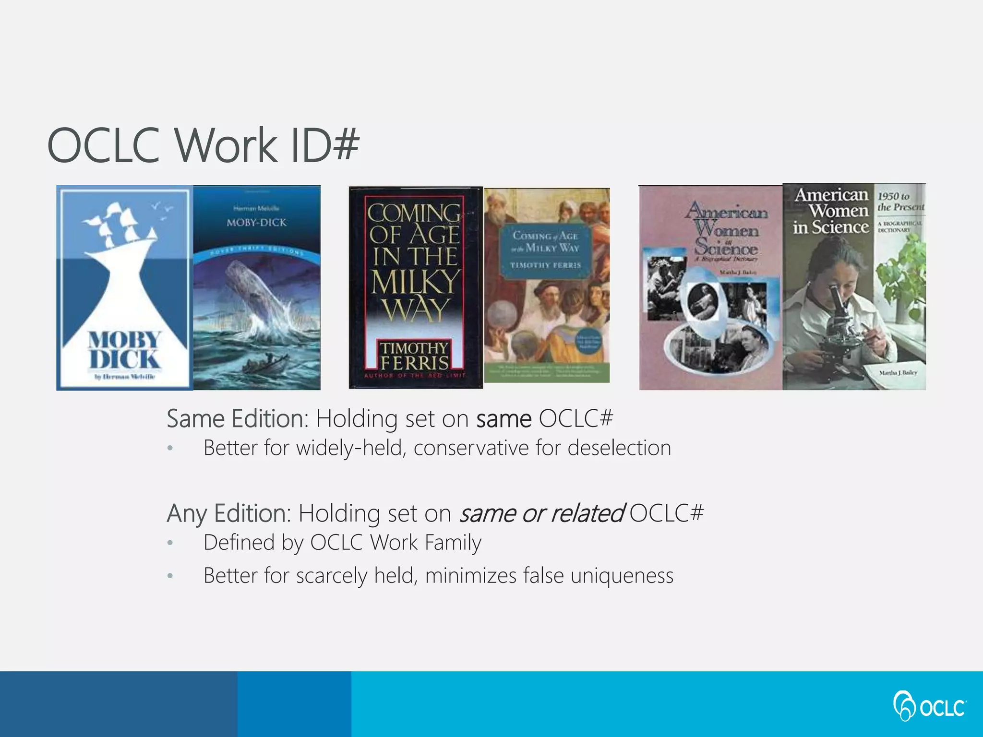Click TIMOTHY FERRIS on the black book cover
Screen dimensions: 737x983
point(414,355)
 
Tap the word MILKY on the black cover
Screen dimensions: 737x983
point(416,283)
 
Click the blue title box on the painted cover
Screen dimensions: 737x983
point(546,250)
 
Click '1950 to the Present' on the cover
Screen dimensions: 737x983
point(899,202)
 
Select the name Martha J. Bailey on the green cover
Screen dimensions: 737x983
point(898,372)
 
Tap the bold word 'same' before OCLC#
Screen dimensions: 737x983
point(503,419)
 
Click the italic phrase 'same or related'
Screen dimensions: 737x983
point(542,513)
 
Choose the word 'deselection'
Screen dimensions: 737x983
point(619,448)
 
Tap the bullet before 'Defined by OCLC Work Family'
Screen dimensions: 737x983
point(170,544)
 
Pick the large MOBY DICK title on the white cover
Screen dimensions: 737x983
point(124,350)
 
